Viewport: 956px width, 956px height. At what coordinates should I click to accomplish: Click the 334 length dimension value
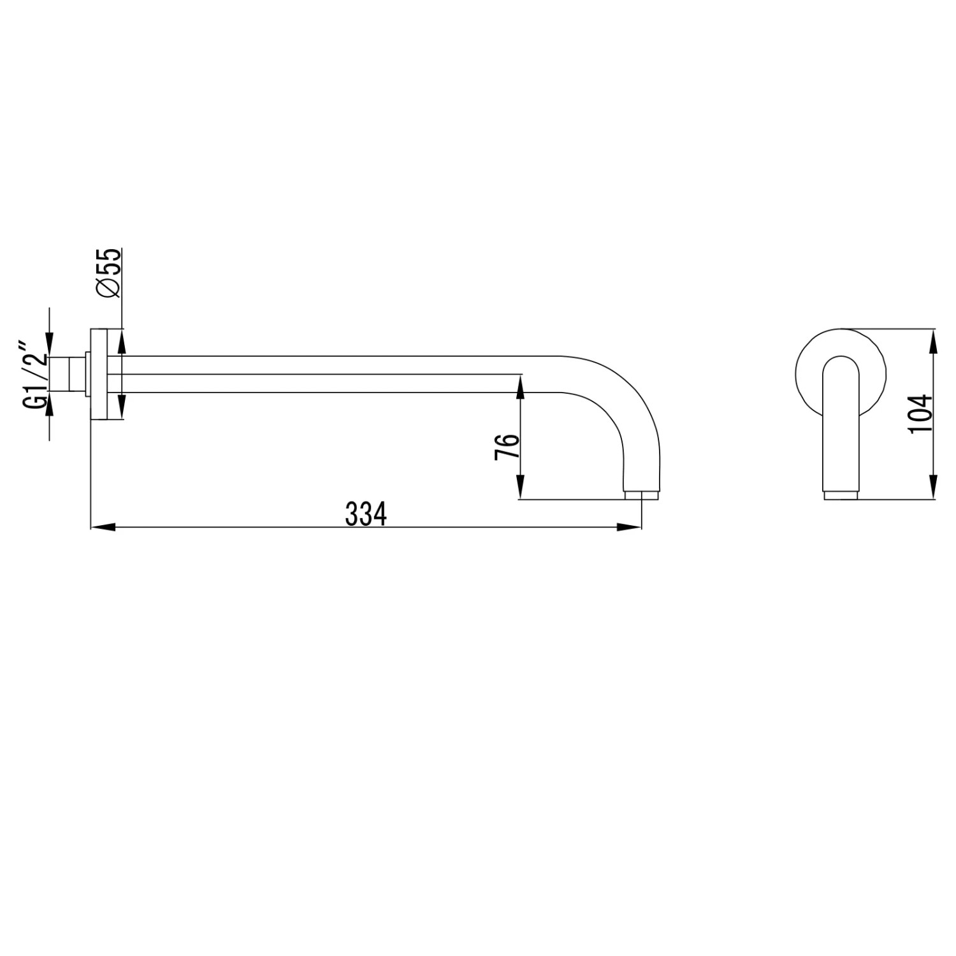coord(366,514)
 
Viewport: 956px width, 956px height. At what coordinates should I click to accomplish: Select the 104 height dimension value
coord(920,414)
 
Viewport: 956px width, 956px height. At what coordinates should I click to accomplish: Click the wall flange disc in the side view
coord(98,374)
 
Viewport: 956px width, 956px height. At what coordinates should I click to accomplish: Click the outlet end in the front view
coord(841,495)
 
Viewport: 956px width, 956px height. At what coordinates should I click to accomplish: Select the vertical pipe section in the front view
coord(841,433)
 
